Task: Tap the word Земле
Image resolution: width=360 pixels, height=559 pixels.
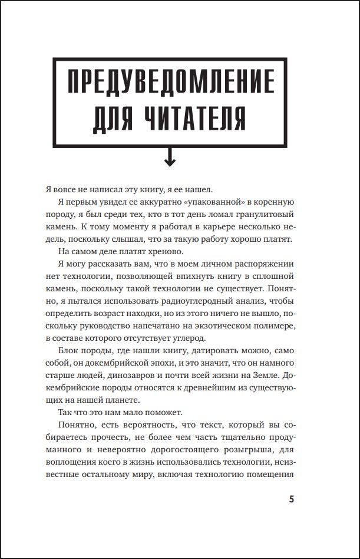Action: click(x=266, y=374)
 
